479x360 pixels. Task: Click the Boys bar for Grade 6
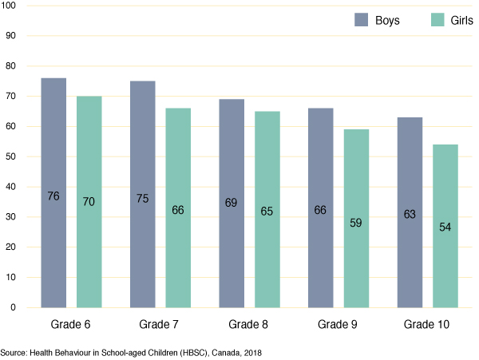53,192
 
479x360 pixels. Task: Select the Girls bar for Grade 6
89,201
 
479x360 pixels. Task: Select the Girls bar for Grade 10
445,226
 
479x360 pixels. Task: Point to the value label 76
53,196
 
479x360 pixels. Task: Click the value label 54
445,227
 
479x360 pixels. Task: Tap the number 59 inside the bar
356,223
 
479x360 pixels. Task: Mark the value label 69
232,204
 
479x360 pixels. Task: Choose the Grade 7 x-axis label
160,325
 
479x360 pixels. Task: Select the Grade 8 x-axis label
249,325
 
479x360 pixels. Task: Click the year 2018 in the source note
251,352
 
